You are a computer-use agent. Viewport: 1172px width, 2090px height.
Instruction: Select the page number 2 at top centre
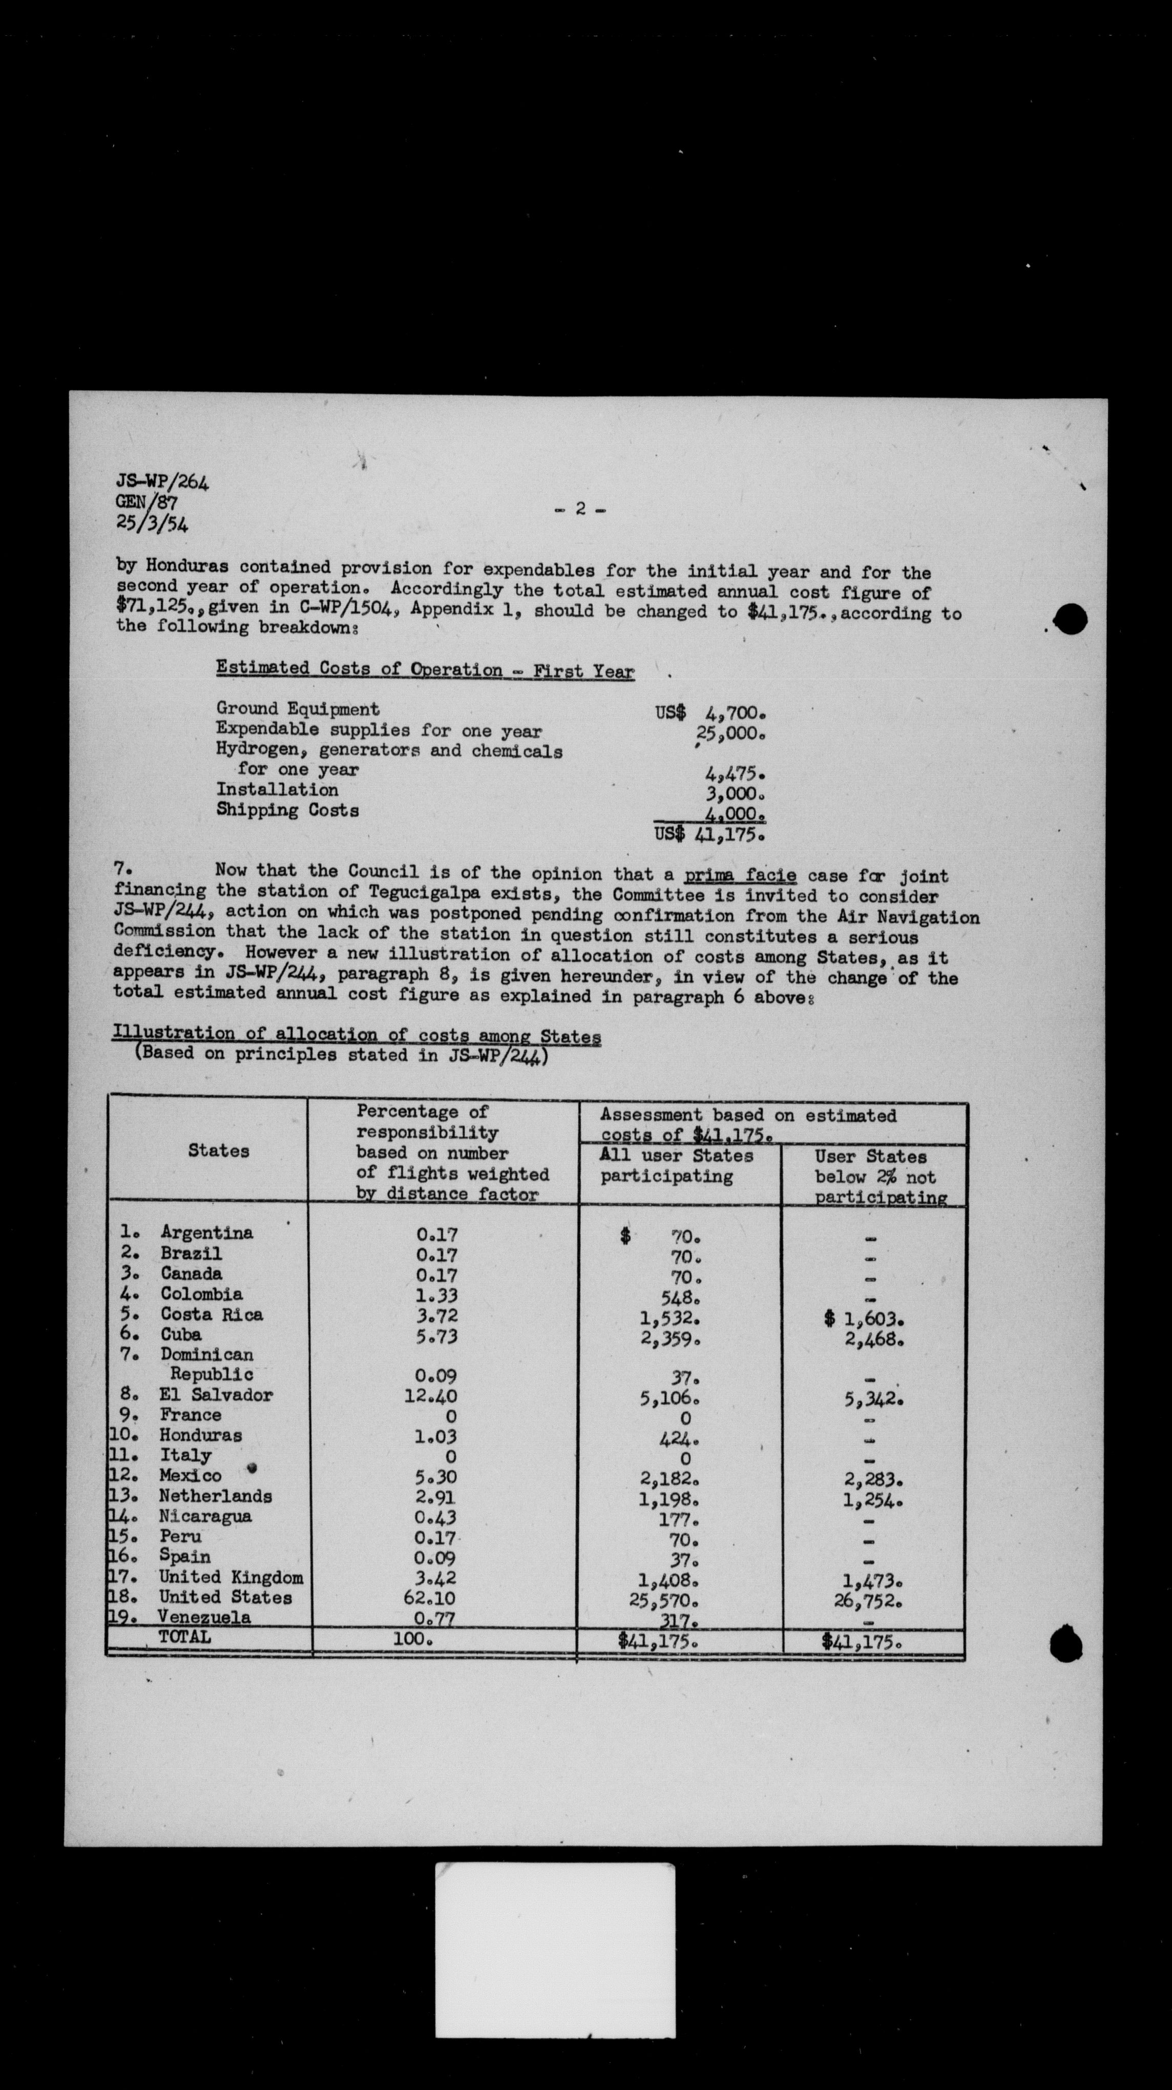click(x=580, y=510)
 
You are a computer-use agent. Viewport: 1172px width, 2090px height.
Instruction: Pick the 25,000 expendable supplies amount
click(x=732, y=734)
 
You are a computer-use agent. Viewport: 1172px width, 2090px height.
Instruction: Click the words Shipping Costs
click(x=287, y=810)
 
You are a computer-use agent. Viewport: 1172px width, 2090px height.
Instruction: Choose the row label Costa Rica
click(x=212, y=1314)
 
